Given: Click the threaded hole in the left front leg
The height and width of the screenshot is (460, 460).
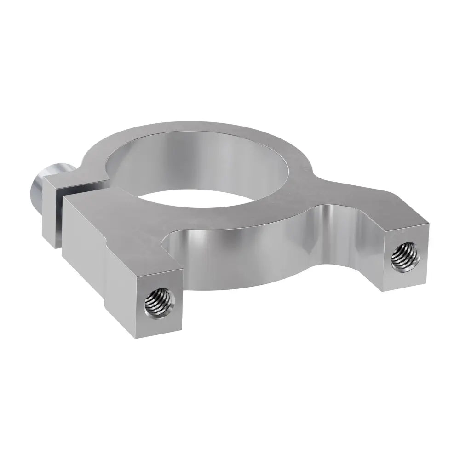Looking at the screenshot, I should tap(159, 304).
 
